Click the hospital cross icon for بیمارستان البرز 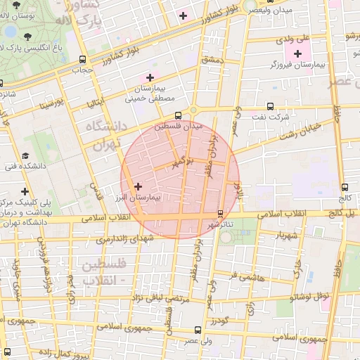click(x=138, y=187)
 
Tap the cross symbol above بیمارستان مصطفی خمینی click(x=149, y=77)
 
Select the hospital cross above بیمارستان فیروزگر click(x=297, y=53)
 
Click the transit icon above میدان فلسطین click(x=177, y=115)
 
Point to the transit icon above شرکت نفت click(x=269, y=107)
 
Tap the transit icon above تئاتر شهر click(x=220, y=213)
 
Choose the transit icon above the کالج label click(x=345, y=187)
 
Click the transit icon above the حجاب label click(x=83, y=60)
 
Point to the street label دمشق click(x=211, y=61)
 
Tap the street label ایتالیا click(x=95, y=103)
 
